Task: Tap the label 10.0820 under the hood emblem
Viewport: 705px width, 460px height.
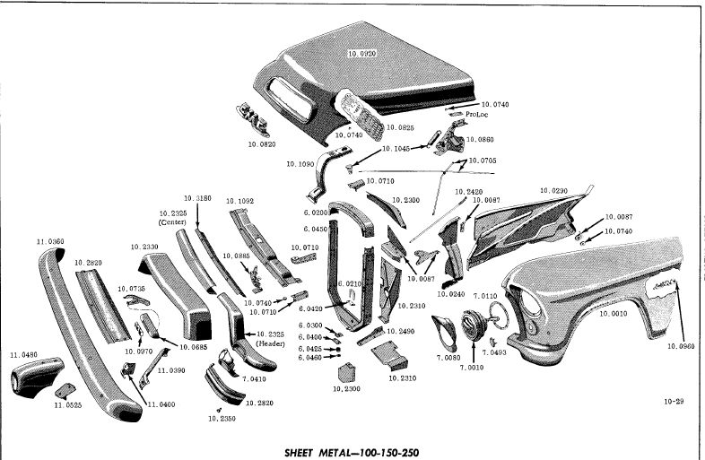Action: pyautogui.click(x=261, y=143)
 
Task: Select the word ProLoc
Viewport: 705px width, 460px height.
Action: pyautogui.click(x=476, y=115)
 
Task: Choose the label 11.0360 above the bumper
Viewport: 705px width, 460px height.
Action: pyautogui.click(x=50, y=242)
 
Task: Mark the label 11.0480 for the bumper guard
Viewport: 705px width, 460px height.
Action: pyautogui.click(x=24, y=355)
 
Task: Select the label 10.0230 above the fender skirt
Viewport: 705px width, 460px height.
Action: pyautogui.click(x=553, y=191)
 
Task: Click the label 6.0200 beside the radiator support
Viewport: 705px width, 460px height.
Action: pyautogui.click(x=315, y=213)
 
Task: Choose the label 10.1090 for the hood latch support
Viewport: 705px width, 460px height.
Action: pyautogui.click(x=301, y=164)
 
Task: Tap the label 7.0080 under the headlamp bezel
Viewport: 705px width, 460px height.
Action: pyautogui.click(x=448, y=357)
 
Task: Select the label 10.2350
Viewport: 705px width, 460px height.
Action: pyautogui.click(x=222, y=418)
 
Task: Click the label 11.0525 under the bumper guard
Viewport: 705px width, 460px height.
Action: pyautogui.click(x=67, y=405)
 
